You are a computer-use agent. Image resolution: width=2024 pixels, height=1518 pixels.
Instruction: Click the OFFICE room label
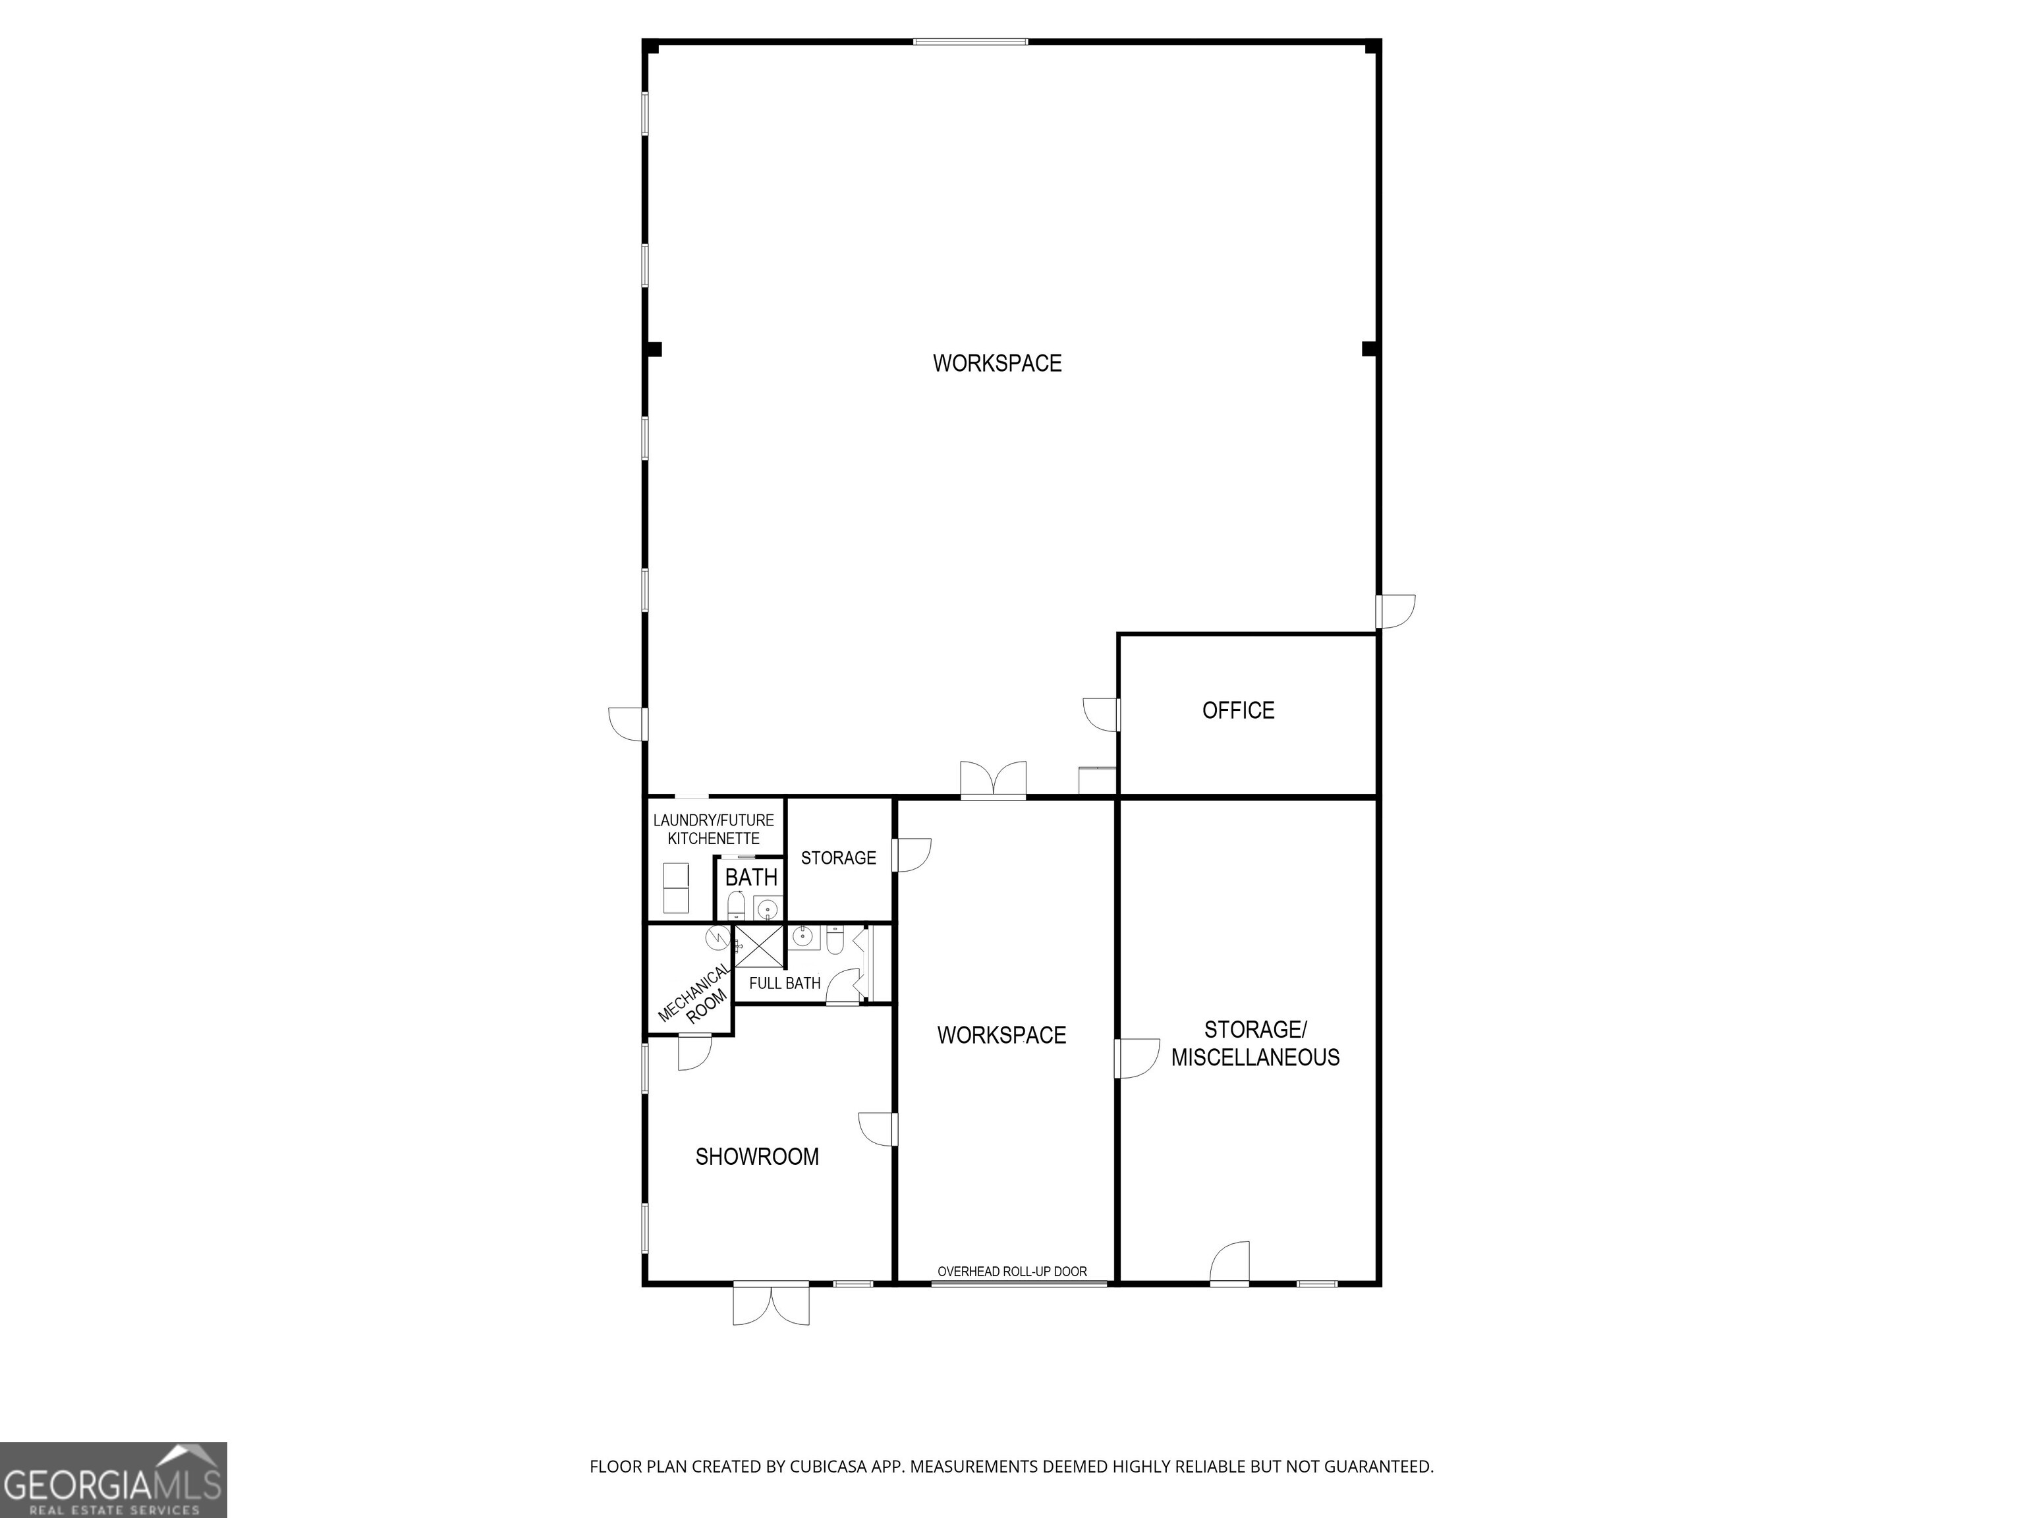pos(1238,711)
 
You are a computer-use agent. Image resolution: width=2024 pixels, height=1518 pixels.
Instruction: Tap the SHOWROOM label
pos(757,1156)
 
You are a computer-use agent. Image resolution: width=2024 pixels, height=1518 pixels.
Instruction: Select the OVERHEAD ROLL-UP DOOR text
pos(1012,1271)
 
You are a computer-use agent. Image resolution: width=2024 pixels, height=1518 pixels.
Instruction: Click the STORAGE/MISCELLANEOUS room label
pos(1255,1044)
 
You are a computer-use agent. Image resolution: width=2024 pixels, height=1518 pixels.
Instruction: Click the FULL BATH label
pos(784,984)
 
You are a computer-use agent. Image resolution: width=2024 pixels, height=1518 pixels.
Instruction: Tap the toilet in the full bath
pos(835,940)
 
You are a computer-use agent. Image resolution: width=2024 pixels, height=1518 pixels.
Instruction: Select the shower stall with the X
pos(758,946)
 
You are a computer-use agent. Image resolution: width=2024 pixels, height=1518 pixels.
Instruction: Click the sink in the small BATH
pos(768,909)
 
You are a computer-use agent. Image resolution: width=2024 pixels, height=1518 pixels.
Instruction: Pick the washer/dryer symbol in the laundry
pos(675,887)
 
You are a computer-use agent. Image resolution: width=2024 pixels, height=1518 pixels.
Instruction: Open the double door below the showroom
pos(770,1303)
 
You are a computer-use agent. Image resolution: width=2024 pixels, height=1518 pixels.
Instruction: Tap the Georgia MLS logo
pos(113,1480)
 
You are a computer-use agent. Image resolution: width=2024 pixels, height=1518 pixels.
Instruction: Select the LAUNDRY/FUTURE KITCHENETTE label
pos(713,829)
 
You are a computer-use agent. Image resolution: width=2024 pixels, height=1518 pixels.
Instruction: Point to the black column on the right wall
pos(1369,349)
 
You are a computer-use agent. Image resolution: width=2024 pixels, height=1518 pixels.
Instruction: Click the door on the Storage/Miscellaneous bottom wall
pos(1231,1264)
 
